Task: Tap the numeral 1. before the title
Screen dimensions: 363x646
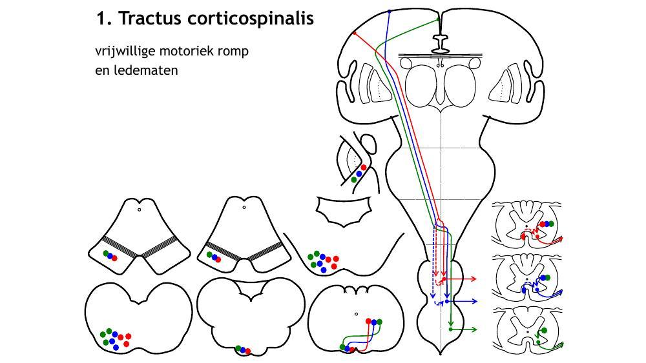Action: point(104,19)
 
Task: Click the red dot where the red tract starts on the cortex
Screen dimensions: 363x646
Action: point(355,33)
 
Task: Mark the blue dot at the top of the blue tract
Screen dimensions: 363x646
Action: point(390,12)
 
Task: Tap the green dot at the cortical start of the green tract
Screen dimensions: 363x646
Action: point(439,19)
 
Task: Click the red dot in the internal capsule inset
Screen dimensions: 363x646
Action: point(364,168)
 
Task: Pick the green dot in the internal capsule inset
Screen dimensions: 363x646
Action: point(354,181)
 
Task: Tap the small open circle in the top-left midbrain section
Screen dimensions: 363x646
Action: point(139,210)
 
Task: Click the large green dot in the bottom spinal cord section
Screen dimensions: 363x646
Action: point(544,331)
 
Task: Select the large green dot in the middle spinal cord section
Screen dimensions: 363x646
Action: point(547,277)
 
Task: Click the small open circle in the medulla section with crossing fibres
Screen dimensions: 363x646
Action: point(356,315)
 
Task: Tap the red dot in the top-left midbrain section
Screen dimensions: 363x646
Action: point(115,259)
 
